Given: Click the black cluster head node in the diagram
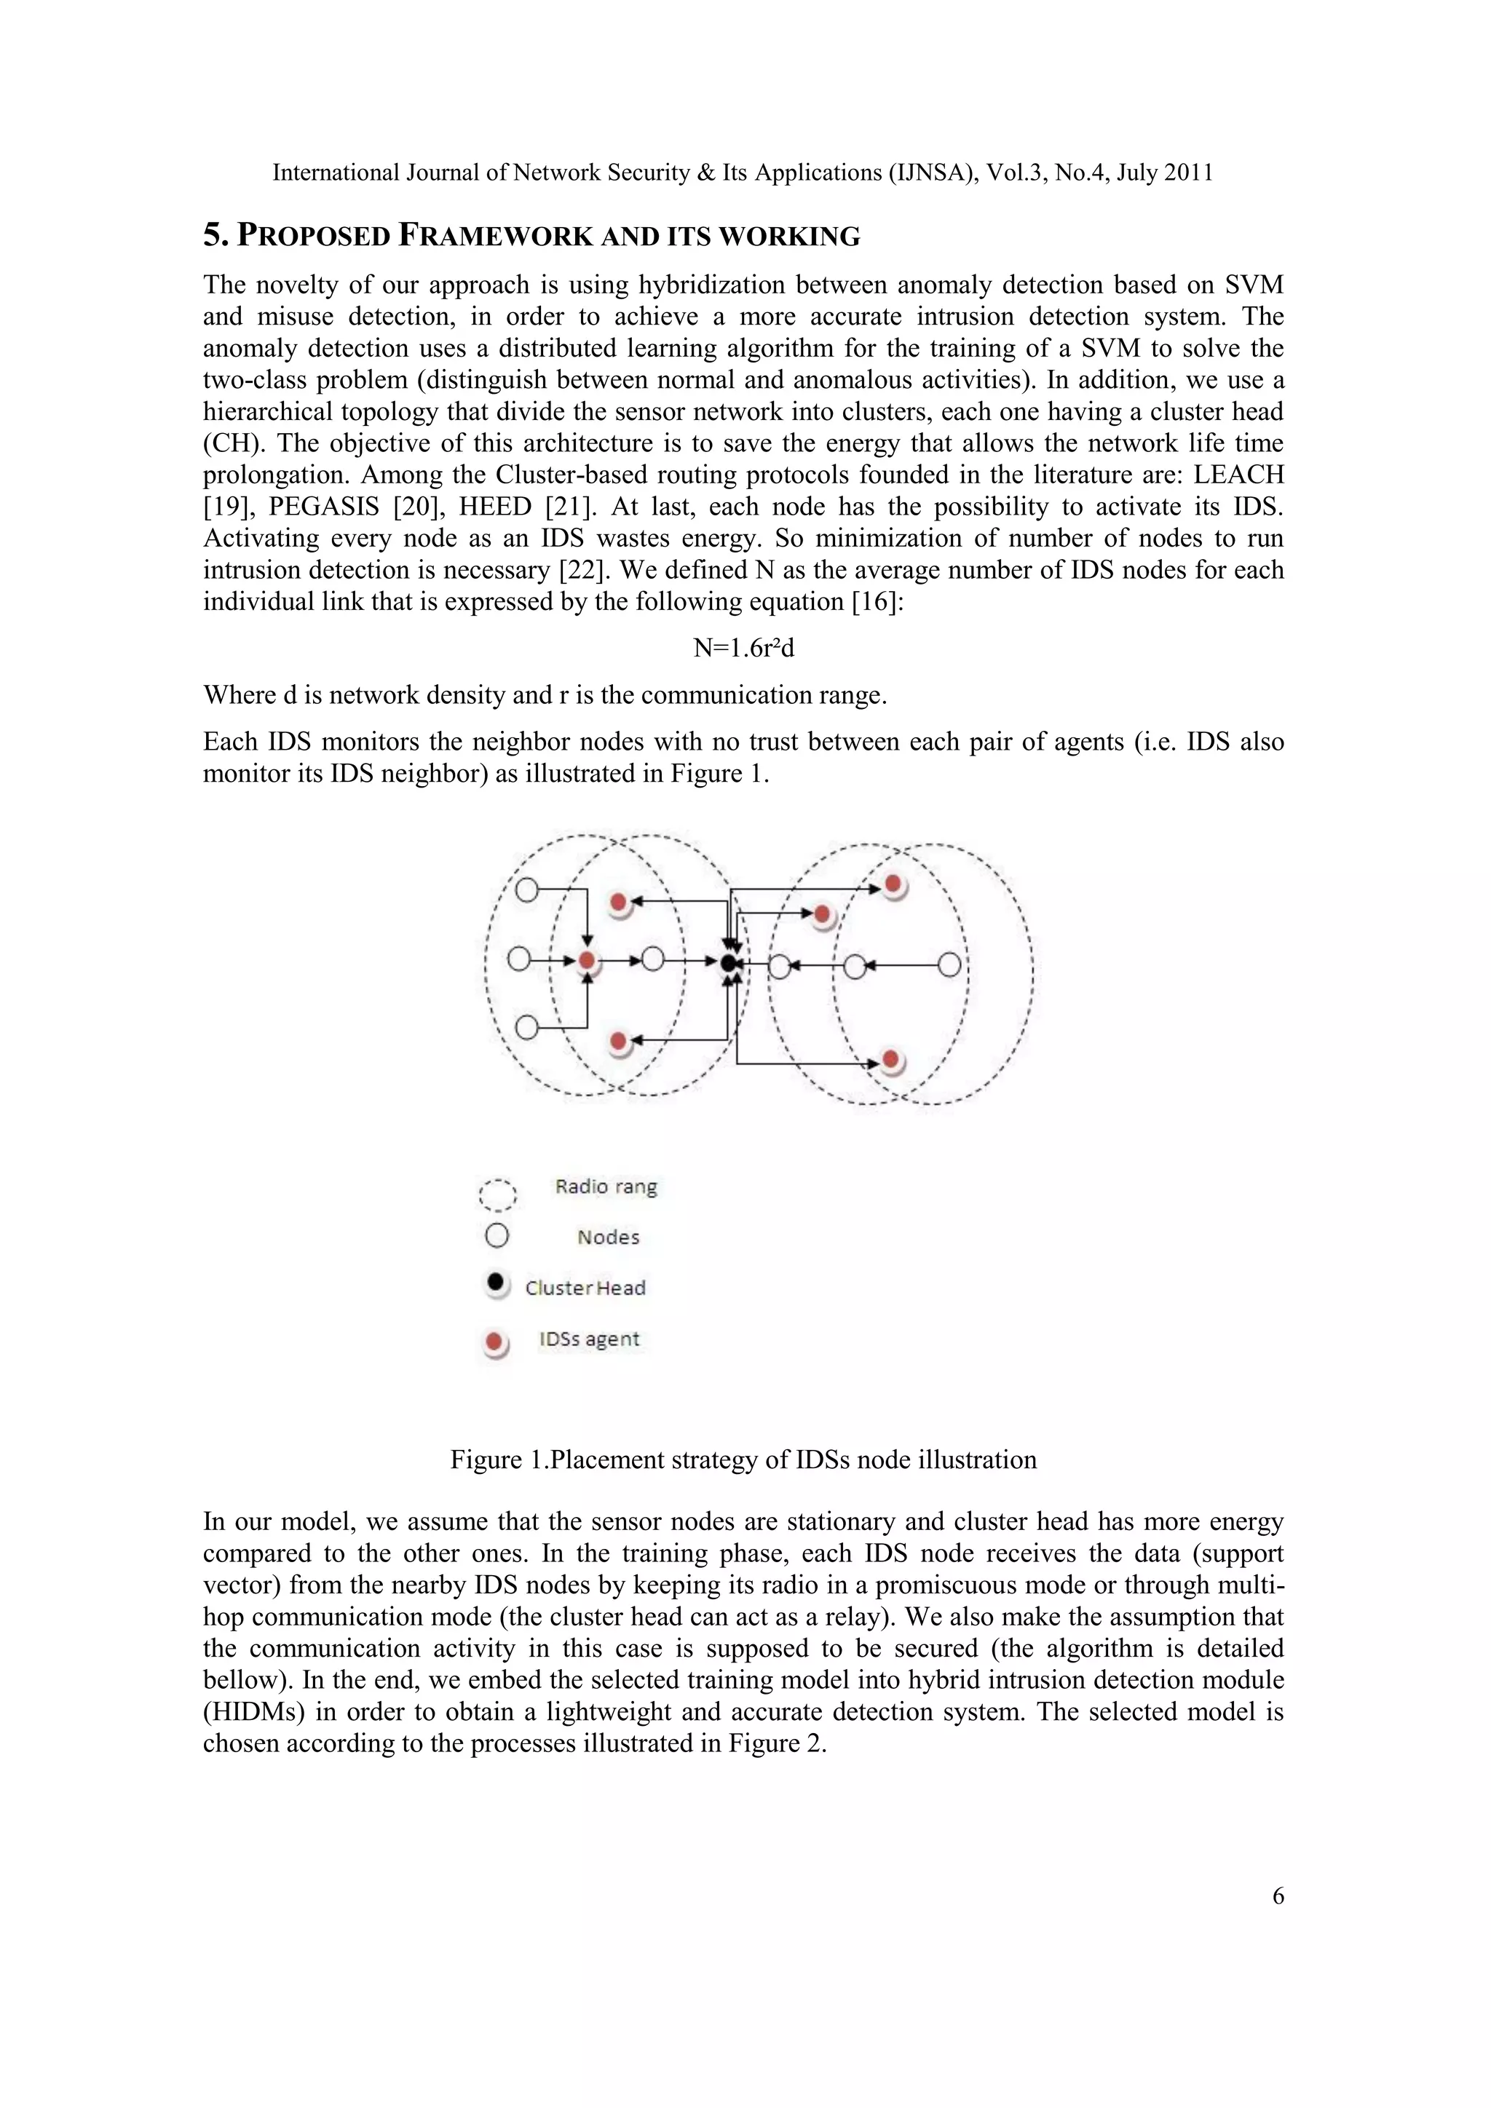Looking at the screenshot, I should (x=728, y=963).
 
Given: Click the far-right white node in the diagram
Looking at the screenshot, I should (x=949, y=965).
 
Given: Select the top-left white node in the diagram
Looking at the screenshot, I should (x=526, y=889).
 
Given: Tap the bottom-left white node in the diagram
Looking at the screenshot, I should (x=526, y=1026).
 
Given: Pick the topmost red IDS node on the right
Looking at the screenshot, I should (x=893, y=885).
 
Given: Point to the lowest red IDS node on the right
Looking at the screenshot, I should (x=890, y=1061).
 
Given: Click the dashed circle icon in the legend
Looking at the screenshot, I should (x=498, y=1194).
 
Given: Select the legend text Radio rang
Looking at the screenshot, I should (x=606, y=1186).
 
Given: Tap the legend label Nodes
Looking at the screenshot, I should (x=608, y=1237).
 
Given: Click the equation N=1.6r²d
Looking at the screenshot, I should (x=743, y=648).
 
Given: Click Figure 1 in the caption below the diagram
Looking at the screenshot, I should (x=496, y=1460).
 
